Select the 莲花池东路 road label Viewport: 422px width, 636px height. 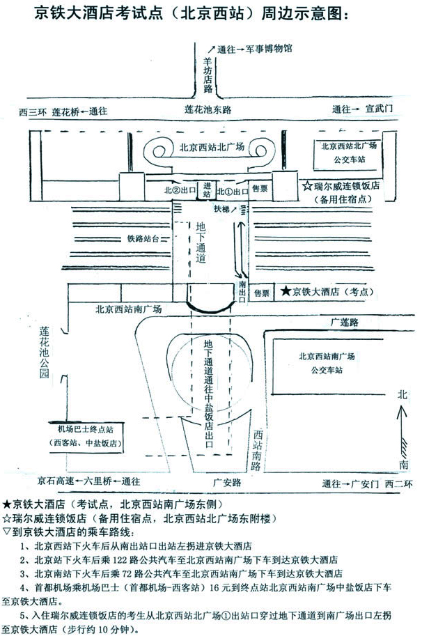207,110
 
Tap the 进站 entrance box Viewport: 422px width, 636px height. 206,189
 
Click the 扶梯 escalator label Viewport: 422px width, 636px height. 221,208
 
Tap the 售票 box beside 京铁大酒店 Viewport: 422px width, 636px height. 261,293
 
